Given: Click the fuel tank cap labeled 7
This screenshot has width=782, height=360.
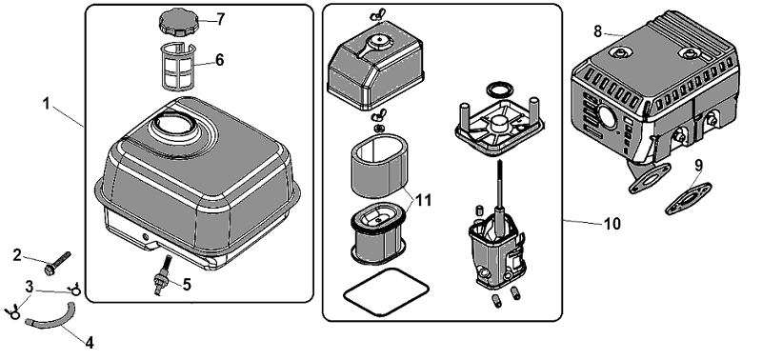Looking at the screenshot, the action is (178, 23).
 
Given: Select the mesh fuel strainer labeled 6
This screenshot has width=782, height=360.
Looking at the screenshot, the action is (178, 67).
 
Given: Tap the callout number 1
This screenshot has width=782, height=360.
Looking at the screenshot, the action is (47, 104).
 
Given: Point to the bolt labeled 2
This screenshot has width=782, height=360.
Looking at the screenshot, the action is (58, 261).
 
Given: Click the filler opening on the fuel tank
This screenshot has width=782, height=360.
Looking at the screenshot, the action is (174, 125).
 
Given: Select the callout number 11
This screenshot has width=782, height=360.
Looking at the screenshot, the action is (423, 200).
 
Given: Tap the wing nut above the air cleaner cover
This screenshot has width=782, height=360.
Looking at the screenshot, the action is (378, 15).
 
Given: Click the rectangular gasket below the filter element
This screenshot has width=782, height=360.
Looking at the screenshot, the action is (386, 291).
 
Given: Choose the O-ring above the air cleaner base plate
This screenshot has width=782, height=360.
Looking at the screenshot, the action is (499, 90).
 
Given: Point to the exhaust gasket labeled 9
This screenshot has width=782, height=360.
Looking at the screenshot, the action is (689, 198).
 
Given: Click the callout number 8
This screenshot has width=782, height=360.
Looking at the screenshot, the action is (598, 31).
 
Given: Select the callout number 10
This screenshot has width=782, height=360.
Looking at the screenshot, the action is (612, 224).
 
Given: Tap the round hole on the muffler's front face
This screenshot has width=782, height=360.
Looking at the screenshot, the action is (608, 118).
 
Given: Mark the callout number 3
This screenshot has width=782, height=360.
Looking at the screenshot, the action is (30, 287).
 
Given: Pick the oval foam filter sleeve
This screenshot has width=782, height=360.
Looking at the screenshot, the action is (380, 169).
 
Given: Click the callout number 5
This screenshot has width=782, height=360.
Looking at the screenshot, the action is (187, 285).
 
